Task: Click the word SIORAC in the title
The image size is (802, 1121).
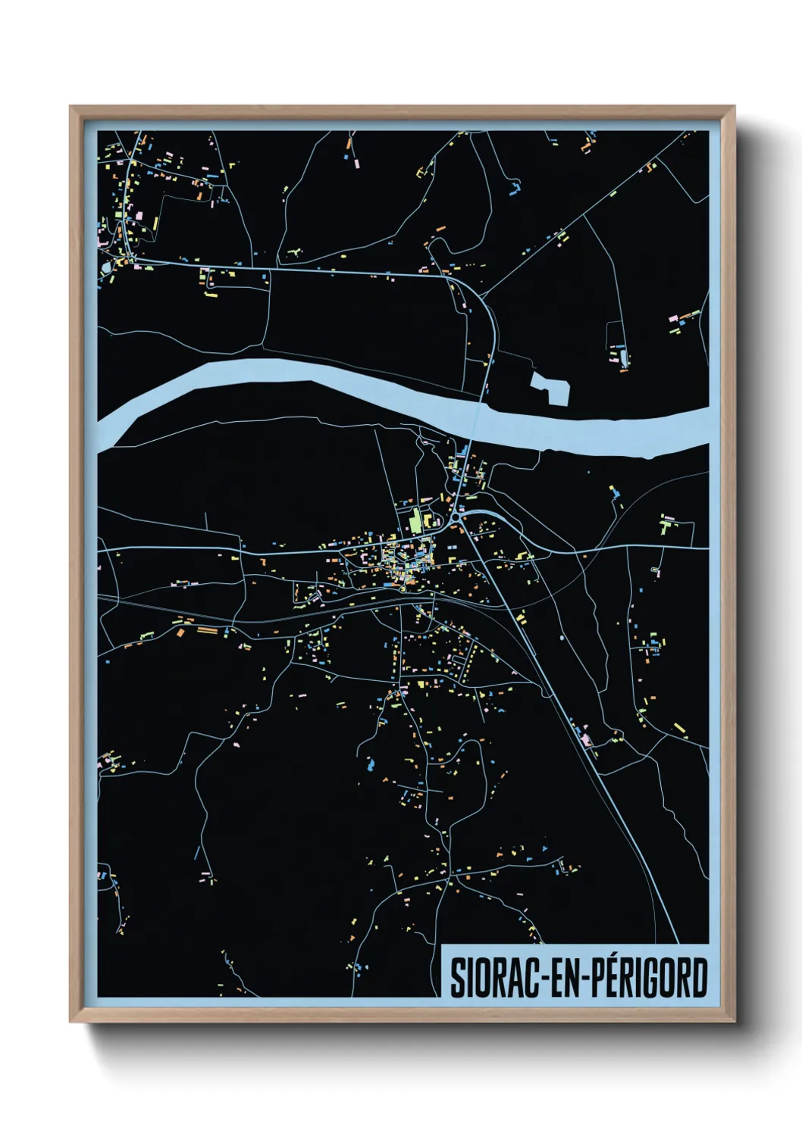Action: point(493,978)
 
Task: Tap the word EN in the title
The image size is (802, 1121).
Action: point(563,978)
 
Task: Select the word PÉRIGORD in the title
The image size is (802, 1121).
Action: point(649,978)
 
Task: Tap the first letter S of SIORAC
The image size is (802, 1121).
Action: point(458,978)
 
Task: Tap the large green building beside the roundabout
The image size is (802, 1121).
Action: point(415,521)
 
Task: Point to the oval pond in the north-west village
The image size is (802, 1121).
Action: point(105,267)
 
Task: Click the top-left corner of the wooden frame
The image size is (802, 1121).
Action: point(72,108)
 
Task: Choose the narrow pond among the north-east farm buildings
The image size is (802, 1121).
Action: point(624,355)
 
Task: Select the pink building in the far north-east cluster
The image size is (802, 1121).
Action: point(673,318)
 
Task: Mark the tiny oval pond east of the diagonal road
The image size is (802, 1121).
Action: point(562,638)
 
